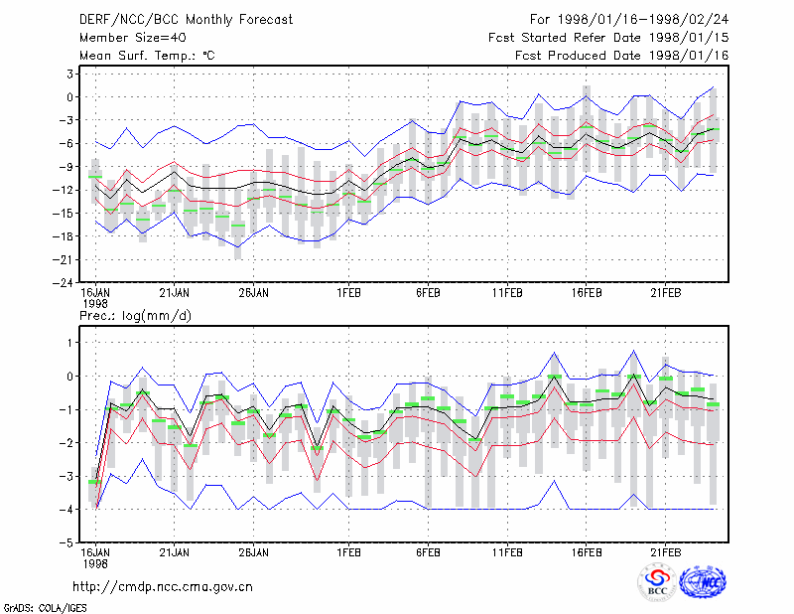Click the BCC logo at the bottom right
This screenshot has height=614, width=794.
(x=657, y=582)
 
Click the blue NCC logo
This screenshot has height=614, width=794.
(x=703, y=582)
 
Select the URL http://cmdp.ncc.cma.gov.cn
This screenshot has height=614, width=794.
(x=163, y=587)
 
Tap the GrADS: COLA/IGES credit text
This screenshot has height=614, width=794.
(x=45, y=607)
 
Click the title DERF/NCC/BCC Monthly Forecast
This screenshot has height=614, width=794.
(x=186, y=20)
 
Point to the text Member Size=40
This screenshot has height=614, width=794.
(x=133, y=38)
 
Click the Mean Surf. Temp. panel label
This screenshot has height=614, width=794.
(x=147, y=56)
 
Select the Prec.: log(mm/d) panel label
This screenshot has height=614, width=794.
(x=135, y=316)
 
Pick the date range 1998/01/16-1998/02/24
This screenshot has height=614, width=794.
(x=643, y=20)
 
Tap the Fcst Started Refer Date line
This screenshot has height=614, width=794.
(x=608, y=38)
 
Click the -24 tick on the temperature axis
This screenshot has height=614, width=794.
(x=63, y=283)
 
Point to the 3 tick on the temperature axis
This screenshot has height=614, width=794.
(x=69, y=75)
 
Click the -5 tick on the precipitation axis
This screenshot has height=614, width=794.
(x=66, y=542)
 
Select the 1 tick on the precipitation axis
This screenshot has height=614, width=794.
(x=69, y=343)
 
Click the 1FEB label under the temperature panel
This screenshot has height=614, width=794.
(x=349, y=293)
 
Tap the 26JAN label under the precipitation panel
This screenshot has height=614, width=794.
(x=254, y=552)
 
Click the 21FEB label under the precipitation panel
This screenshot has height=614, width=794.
(x=665, y=552)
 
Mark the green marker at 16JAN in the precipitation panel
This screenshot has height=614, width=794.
(x=94, y=482)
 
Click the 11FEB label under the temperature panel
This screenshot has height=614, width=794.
(x=507, y=293)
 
